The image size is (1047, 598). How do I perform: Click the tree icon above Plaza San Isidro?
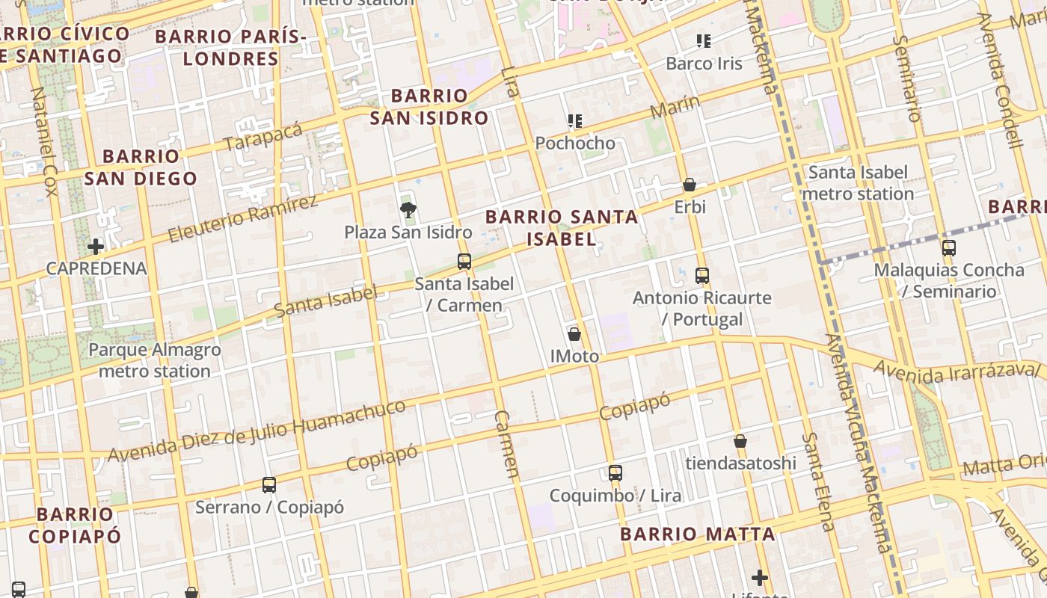pyautogui.click(x=408, y=210)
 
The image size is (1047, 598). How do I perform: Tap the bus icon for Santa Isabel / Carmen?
pyautogui.click(x=464, y=262)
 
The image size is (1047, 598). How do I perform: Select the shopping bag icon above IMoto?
pyautogui.click(x=574, y=334)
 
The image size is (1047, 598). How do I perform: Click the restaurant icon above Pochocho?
pyautogui.click(x=574, y=120)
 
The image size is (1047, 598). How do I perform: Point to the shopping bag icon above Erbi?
pyautogui.click(x=690, y=185)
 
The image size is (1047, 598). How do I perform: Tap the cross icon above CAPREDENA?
pyautogui.click(x=96, y=246)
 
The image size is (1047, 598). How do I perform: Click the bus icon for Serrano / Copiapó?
pyautogui.click(x=269, y=485)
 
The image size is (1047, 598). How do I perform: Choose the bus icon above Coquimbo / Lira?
pyautogui.click(x=615, y=473)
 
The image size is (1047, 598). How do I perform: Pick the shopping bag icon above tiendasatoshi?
pyautogui.click(x=740, y=441)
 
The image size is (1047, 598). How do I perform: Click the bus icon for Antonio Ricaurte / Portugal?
pyautogui.click(x=701, y=276)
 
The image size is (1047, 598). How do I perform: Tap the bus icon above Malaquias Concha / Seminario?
pyautogui.click(x=949, y=248)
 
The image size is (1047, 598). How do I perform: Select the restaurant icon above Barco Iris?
pyautogui.click(x=704, y=40)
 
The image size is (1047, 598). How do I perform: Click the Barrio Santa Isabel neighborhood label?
pyautogui.click(x=562, y=228)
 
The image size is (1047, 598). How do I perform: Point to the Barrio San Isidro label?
pyautogui.click(x=429, y=107)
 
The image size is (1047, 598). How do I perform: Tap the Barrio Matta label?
pyautogui.click(x=697, y=534)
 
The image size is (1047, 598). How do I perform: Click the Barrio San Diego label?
pyautogui.click(x=141, y=167)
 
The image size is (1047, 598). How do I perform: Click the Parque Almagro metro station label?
pyautogui.click(x=155, y=360)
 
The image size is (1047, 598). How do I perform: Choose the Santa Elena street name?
pyautogui.click(x=817, y=481)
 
